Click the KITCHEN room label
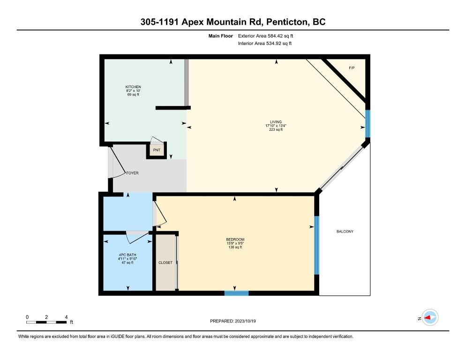click(133, 87)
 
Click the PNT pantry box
click(157, 150)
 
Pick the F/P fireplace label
click(352, 68)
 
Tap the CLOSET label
click(165, 262)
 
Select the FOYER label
click(132, 173)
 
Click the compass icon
click(429, 318)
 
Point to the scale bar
click(46, 322)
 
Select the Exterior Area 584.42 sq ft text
click(266, 36)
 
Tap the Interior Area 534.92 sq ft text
click(265, 44)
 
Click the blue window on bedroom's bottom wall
click(236, 293)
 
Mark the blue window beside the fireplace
click(368, 123)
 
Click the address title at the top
click(233, 22)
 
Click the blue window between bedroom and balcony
click(316, 245)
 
